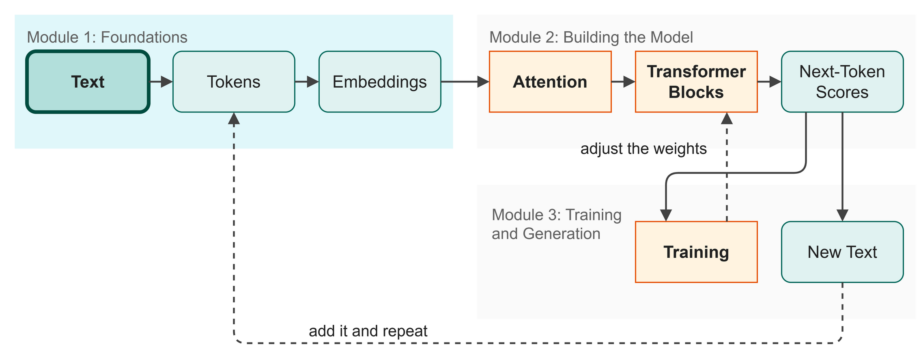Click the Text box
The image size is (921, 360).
point(88,82)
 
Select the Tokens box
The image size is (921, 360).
point(234,82)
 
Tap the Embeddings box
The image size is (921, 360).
point(380,82)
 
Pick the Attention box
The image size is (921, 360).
point(550,82)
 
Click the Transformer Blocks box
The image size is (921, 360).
point(696,82)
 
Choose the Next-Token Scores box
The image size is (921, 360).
point(842,82)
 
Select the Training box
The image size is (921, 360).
point(696,252)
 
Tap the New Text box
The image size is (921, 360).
point(842,252)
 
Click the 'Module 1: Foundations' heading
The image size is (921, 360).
point(107,37)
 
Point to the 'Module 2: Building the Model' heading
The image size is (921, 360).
point(591,37)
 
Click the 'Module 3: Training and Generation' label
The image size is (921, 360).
point(557,224)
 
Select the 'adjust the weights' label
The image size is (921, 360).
point(643,149)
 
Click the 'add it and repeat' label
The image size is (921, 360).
point(368,331)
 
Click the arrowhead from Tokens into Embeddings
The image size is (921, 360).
point(313,82)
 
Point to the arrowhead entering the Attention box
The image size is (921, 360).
point(484,82)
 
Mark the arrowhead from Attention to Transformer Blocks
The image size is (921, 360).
point(630,82)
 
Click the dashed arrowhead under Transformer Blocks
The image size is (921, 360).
point(727,118)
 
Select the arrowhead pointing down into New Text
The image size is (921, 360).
point(843,216)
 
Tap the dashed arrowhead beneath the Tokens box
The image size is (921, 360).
point(234,118)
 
